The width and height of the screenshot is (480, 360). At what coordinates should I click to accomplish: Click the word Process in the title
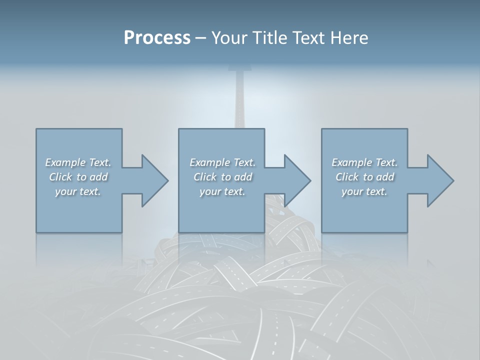pyautogui.click(x=157, y=38)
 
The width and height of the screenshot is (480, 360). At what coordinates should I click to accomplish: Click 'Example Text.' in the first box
pyautogui.click(x=78, y=162)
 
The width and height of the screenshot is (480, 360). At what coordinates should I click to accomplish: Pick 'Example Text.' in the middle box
pyautogui.click(x=222, y=162)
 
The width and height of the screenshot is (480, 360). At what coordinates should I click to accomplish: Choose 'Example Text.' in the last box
pyautogui.click(x=364, y=162)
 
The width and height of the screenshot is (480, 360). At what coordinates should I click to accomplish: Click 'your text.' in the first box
pyautogui.click(x=78, y=191)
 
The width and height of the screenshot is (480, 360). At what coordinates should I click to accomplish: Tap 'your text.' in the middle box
pyautogui.click(x=222, y=191)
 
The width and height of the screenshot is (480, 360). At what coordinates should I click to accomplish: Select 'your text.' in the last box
pyautogui.click(x=364, y=191)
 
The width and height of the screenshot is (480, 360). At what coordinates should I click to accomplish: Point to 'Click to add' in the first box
pyautogui.click(x=78, y=177)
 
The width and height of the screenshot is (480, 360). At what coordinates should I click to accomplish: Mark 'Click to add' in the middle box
pyautogui.click(x=222, y=177)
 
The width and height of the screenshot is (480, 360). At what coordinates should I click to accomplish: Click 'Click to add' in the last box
pyautogui.click(x=364, y=177)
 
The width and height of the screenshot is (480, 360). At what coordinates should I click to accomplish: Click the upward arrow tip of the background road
pyautogui.click(x=240, y=68)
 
